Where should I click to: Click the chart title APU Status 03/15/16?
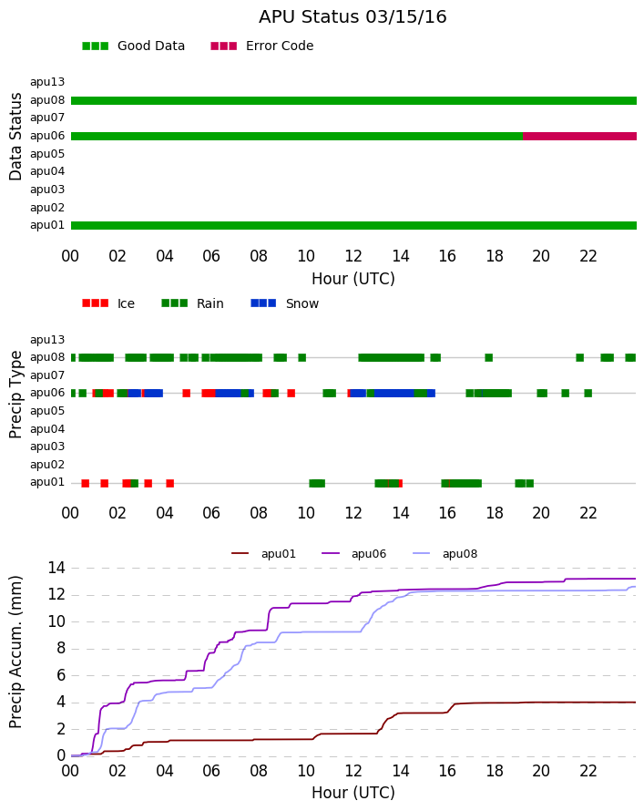pos(353,17)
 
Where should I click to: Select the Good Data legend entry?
pos(133,46)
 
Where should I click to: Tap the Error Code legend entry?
pos(262,46)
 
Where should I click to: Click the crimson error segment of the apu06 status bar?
pos(579,136)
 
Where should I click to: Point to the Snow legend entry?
pos(285,303)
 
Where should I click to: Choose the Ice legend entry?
pos(108,303)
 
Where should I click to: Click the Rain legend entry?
pos(192,303)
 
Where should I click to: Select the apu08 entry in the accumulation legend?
pos(445,554)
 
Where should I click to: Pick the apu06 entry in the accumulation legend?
pos(354,554)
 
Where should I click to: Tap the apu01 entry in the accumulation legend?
pos(263,554)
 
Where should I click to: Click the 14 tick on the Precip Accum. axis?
pos(56,569)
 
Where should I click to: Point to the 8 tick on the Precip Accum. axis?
pos(61,649)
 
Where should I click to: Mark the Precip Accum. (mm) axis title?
pos(16,652)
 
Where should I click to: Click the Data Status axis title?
pos(16,137)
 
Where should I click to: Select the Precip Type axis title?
pos(16,395)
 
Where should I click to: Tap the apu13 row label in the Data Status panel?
pos(47,82)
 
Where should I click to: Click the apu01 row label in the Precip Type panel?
pos(47,483)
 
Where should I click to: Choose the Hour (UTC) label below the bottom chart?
pos(353,793)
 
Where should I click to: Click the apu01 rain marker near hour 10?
pos(317,484)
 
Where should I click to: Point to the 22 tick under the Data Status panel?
pos(588,256)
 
